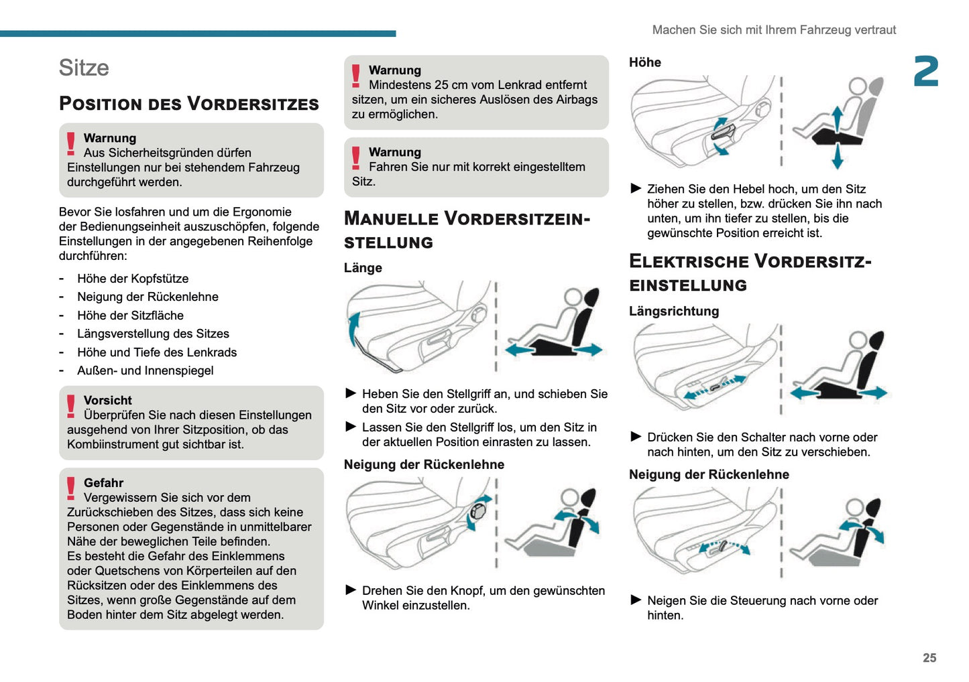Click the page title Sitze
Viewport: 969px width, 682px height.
click(84, 68)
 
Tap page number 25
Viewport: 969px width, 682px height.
click(929, 658)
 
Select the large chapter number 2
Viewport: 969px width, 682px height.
click(925, 72)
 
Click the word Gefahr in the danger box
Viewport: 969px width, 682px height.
click(103, 483)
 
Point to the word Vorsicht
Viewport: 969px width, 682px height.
click(107, 401)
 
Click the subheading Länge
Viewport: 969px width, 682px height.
click(363, 268)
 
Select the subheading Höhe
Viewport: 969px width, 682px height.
click(644, 62)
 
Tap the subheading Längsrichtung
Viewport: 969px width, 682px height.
click(673, 312)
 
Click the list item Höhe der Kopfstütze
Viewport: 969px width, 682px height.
click(133, 279)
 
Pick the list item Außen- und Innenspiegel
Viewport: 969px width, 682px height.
click(145, 370)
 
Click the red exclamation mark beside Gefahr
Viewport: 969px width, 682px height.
click(71, 488)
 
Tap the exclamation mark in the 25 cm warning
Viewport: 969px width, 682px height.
click(356, 76)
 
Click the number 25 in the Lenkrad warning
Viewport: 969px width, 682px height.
click(441, 85)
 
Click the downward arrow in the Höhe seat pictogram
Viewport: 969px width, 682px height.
click(837, 157)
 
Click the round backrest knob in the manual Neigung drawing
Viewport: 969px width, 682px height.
click(478, 512)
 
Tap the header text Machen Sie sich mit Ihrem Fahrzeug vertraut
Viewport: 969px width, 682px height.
click(774, 30)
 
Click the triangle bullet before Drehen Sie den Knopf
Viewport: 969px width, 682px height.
click(351, 590)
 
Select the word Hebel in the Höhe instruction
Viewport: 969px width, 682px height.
click(750, 190)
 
